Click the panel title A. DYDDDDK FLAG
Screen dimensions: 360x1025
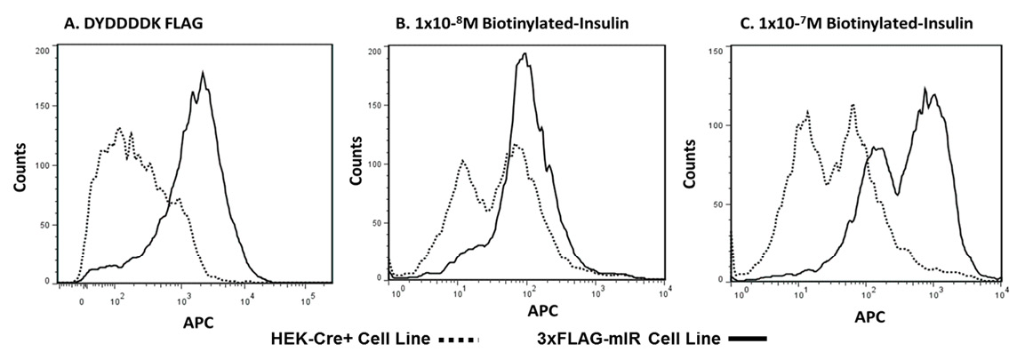point(134,22)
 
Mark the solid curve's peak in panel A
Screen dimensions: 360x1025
point(204,73)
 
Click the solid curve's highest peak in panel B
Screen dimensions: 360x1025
point(526,53)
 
